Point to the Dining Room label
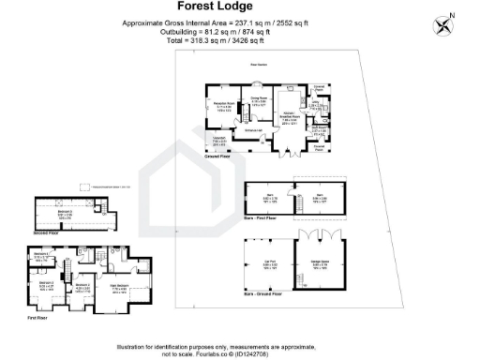point(260,101)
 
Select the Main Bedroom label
point(120,289)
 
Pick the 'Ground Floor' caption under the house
point(218,158)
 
